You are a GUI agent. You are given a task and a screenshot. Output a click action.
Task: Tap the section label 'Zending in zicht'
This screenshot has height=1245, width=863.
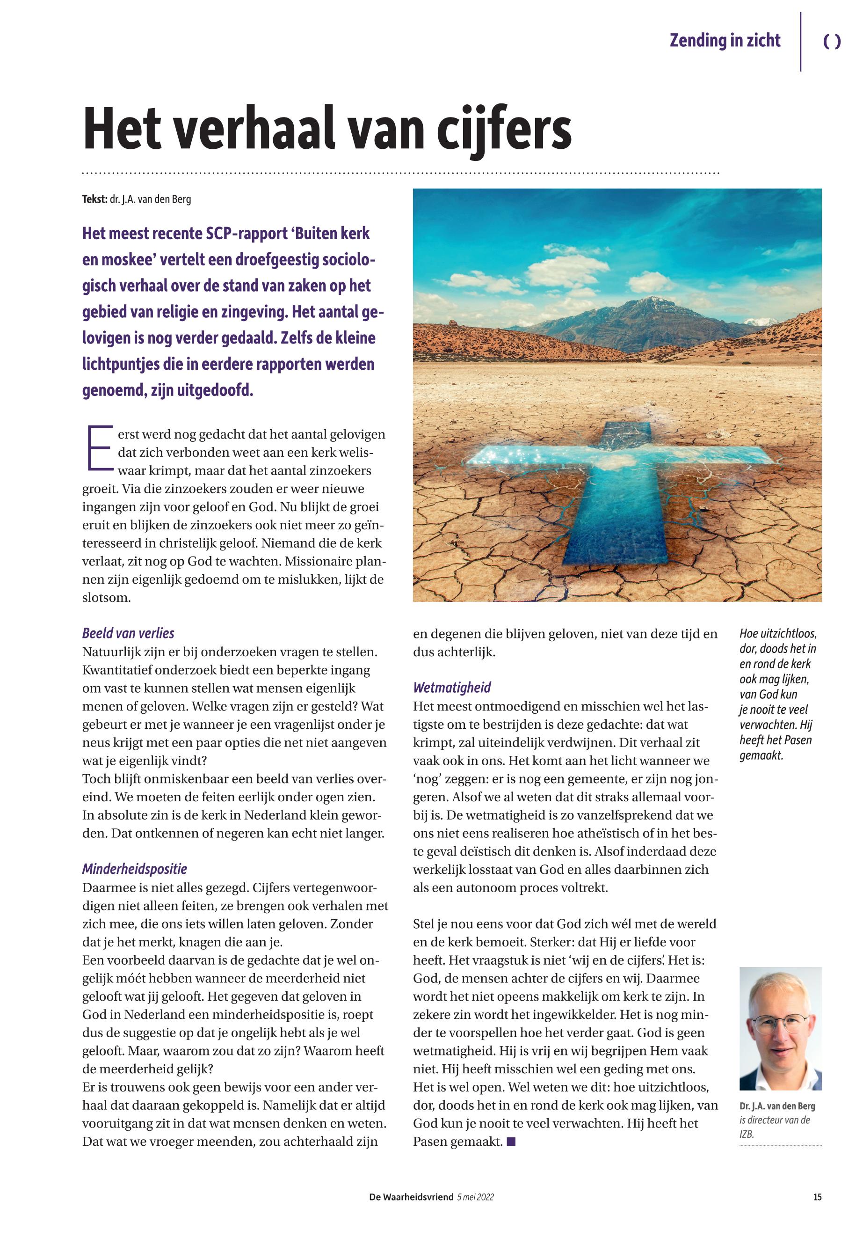[725, 41]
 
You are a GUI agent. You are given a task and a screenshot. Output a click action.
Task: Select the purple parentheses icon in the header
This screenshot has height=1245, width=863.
[832, 42]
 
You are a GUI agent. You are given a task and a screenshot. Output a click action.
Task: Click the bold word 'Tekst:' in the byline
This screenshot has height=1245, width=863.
[94, 199]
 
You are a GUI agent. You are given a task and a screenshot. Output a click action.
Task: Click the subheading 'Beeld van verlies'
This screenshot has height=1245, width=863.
[128, 633]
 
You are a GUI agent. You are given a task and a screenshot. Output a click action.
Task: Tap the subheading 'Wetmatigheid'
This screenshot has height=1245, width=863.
[452, 688]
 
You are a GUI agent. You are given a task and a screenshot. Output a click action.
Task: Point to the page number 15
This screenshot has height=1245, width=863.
[817, 1197]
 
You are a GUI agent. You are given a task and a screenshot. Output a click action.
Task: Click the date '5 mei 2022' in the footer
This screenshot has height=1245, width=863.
[475, 1197]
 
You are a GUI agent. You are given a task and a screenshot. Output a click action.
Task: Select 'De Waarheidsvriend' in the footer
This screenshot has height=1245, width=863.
[411, 1197]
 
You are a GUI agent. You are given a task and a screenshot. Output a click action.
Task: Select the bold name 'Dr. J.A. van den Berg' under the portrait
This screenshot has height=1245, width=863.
[777, 1106]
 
